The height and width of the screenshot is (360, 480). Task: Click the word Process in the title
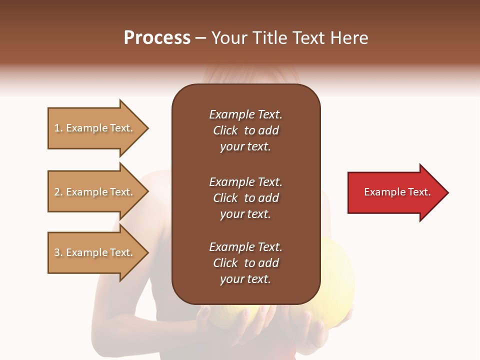click(157, 38)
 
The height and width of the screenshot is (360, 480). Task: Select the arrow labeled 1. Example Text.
click(95, 128)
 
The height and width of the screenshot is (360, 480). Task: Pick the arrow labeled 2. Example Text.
click(95, 192)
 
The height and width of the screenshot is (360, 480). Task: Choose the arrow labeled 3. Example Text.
click(95, 252)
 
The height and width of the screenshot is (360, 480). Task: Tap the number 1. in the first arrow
click(58, 128)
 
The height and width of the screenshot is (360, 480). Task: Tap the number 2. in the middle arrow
click(58, 192)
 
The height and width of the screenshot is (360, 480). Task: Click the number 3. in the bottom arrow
click(58, 252)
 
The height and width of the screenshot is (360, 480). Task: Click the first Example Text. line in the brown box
click(245, 114)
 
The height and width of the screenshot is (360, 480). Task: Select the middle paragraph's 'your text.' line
click(245, 214)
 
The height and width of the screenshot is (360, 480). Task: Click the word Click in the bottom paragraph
click(225, 263)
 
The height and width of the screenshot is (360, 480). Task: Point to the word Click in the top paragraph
click(225, 130)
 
